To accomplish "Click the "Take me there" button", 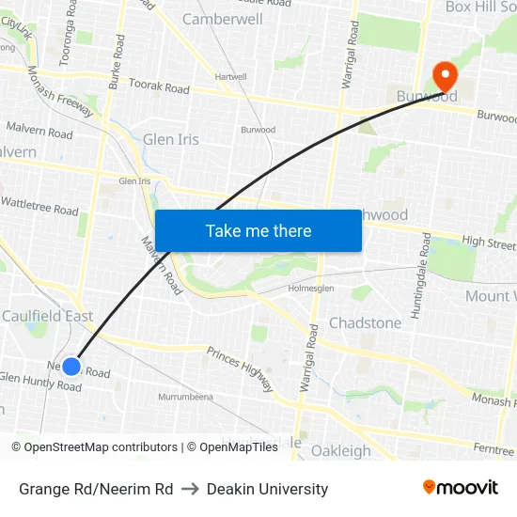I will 258,231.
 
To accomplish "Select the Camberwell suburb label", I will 223,19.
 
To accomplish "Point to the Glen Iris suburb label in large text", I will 171,140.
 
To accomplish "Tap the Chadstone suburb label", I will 365,322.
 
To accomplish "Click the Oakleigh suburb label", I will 340,450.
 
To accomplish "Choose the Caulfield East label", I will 47,316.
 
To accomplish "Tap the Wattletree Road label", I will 39,205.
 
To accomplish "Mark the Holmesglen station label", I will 310,289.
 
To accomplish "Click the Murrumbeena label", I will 185,397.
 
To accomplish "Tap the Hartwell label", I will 230,77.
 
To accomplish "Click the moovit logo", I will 461,487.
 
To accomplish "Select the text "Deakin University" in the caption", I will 267,489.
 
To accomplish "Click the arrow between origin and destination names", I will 189,489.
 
